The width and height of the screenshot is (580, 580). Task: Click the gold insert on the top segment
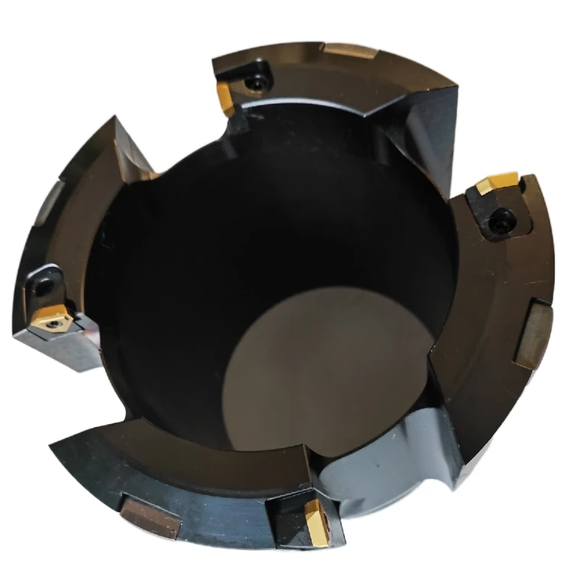click(225, 95)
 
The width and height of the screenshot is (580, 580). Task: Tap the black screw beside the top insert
click(255, 84)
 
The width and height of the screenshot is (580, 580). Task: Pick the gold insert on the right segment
click(497, 182)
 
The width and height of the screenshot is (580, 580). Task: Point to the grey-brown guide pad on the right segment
click(533, 334)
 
